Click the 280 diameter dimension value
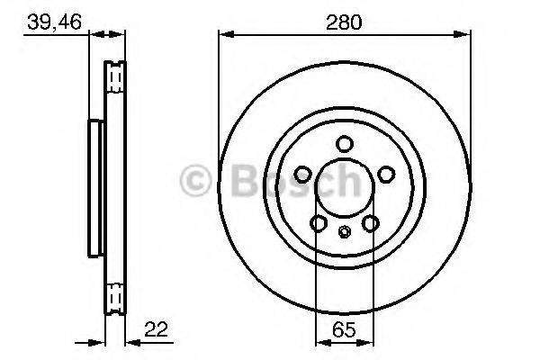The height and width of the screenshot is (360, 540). coord(344,22)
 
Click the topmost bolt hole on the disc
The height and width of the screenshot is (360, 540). coord(345,143)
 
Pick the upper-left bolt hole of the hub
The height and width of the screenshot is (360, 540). coord(303,174)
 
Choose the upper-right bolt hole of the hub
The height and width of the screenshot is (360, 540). coord(386,174)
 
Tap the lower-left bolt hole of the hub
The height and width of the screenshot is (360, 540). coord(319,223)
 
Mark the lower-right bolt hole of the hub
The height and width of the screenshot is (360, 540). coord(371,223)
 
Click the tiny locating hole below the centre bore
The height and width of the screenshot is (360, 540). coord(345,233)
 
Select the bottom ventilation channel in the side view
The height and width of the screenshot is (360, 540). coord(114,296)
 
